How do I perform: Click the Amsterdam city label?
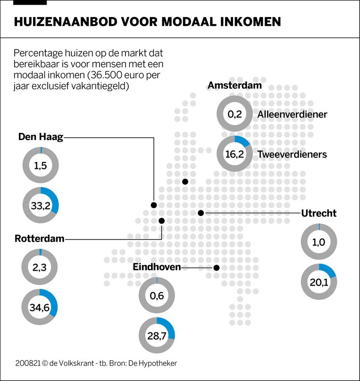(x=234, y=85)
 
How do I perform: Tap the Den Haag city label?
(x=40, y=137)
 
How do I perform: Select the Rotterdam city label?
(x=39, y=239)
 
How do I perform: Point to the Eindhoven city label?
(x=157, y=267)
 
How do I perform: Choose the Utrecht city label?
(x=318, y=213)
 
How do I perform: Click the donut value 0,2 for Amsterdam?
(x=234, y=114)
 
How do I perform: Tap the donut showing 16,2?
(x=234, y=154)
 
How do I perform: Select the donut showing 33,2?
(x=41, y=205)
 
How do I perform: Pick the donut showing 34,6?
(x=40, y=306)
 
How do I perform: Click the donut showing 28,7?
(x=157, y=336)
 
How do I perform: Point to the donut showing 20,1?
(x=319, y=282)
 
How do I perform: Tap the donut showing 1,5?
(x=41, y=165)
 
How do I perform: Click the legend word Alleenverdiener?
(x=292, y=114)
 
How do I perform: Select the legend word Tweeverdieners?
(x=292, y=154)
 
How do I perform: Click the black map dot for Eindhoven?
(x=217, y=268)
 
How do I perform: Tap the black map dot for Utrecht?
(x=201, y=213)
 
